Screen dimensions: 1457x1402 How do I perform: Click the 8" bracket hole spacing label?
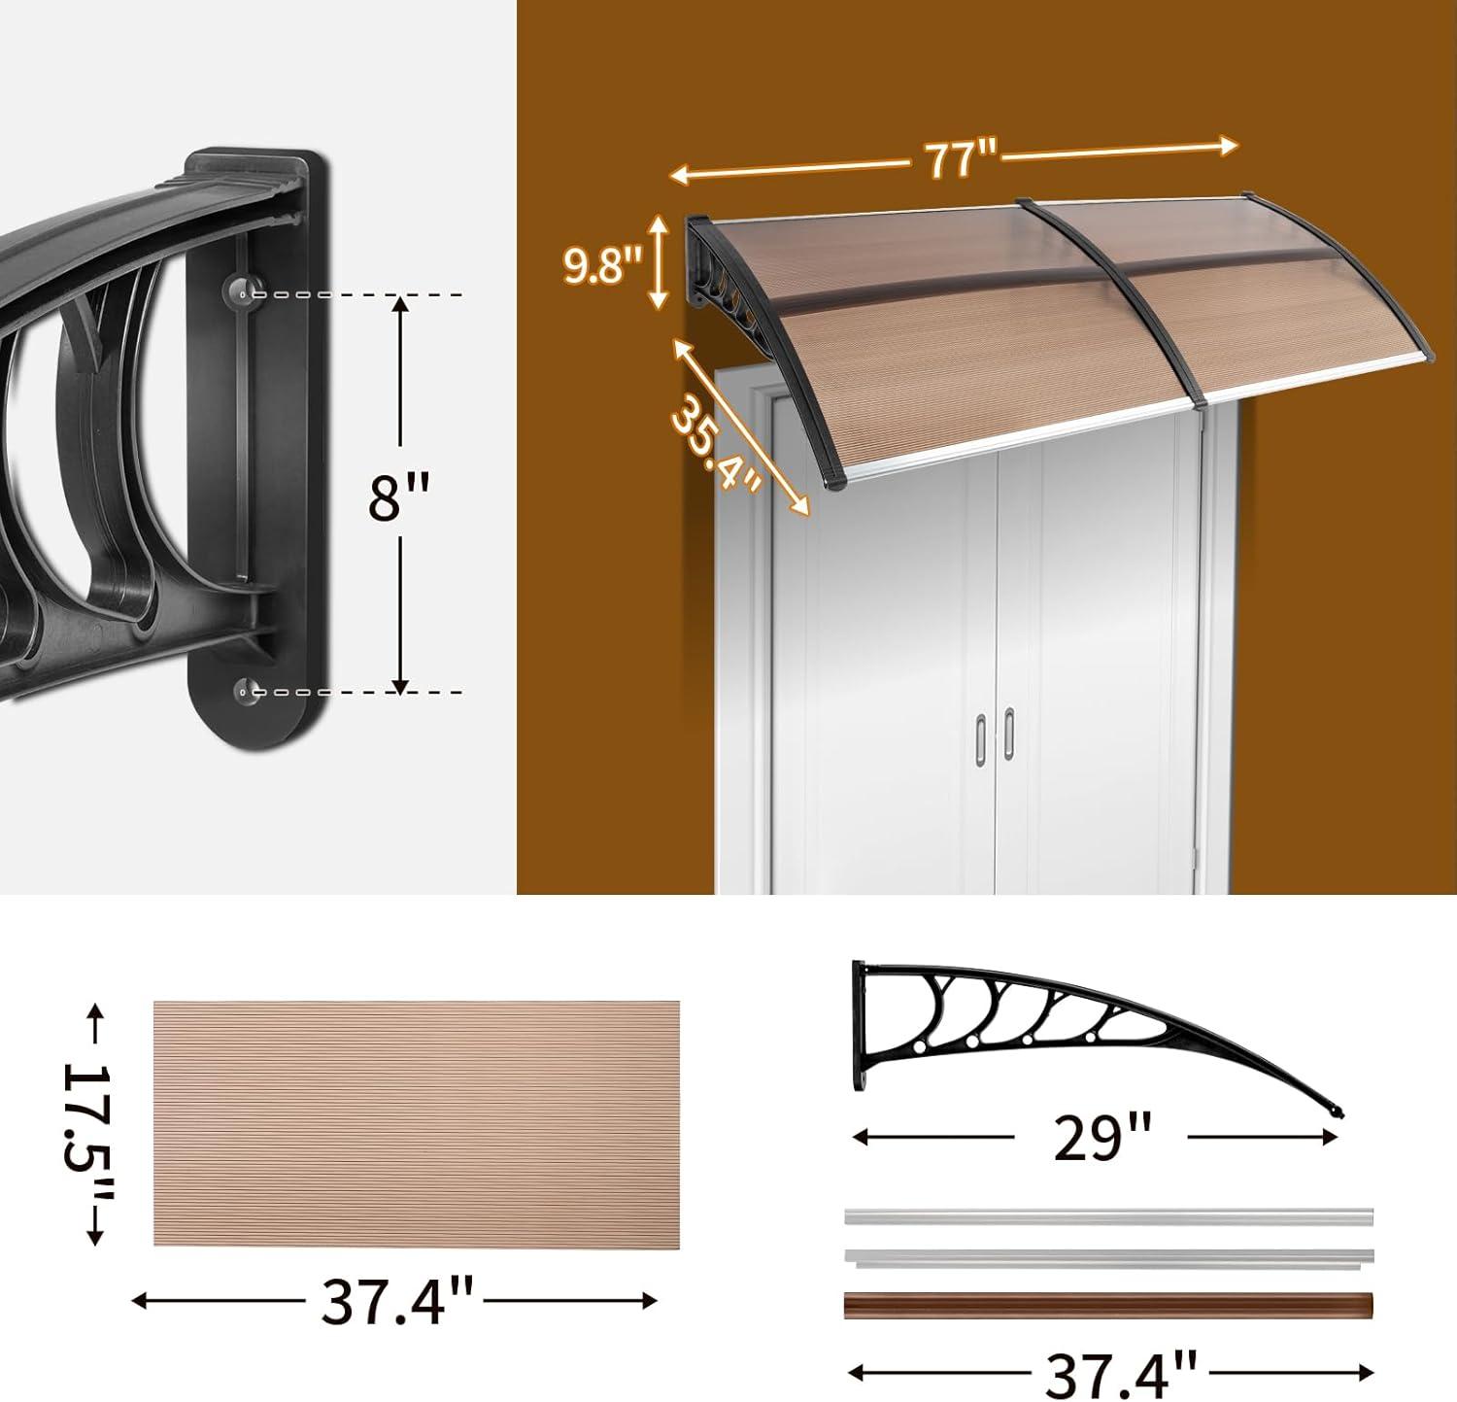(x=398, y=497)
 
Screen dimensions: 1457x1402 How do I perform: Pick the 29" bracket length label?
(x=1102, y=1138)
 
